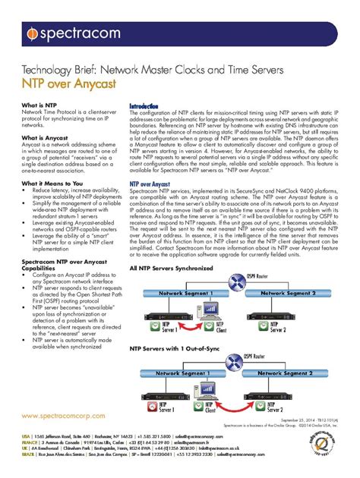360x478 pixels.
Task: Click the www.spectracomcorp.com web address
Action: (x=63, y=417)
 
